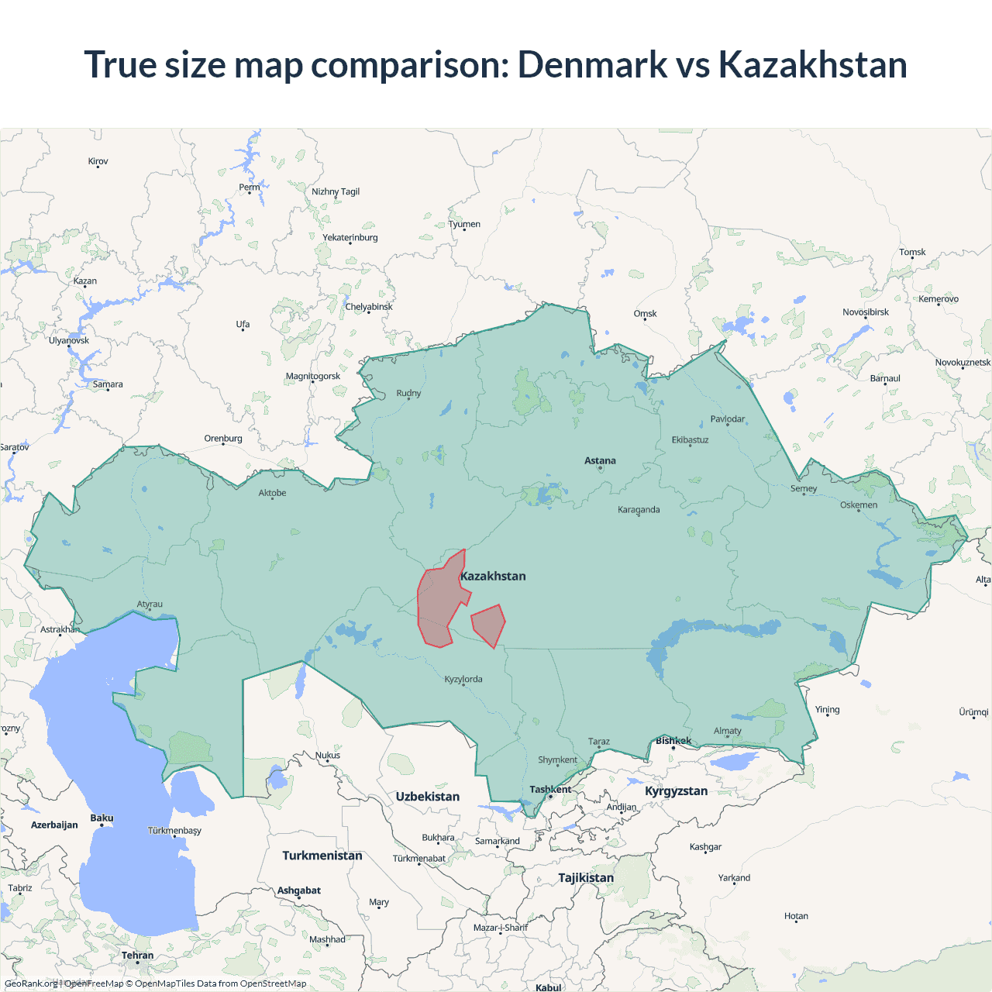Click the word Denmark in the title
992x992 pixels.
592,64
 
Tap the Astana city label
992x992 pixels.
600,461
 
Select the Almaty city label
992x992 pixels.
727,731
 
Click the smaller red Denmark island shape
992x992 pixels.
488,624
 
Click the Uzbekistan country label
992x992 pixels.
427,797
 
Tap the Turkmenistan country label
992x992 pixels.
322,856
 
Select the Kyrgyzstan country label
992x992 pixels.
676,791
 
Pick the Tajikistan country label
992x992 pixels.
586,878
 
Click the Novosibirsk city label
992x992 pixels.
866,312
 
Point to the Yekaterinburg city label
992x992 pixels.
350,238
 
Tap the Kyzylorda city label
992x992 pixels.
463,680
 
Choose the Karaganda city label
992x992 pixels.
639,510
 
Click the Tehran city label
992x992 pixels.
137,956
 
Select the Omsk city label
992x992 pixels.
645,314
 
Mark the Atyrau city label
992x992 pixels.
150,604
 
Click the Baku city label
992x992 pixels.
102,818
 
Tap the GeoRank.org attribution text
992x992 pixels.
31,983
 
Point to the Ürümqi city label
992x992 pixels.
973,712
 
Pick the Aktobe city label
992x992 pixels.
272,493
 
